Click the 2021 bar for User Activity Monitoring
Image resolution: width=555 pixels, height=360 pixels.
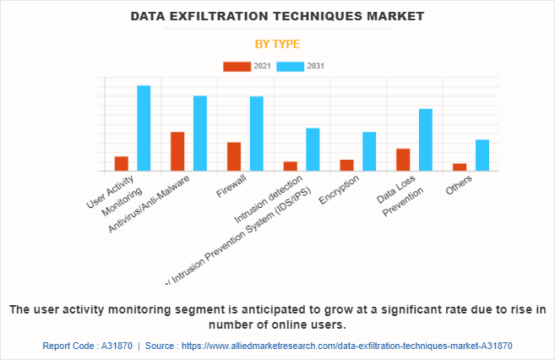pyautogui.click(x=122, y=164)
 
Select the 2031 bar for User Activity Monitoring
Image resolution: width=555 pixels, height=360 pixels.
pyautogui.click(x=144, y=128)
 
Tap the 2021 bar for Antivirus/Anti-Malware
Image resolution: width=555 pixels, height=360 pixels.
pyautogui.click(x=177, y=151)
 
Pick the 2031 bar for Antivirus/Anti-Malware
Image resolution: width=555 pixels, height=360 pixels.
pyautogui.click(x=200, y=134)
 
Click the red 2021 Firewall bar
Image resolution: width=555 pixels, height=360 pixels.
pyautogui.click(x=234, y=156)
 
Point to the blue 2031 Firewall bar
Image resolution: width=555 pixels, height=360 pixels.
pyautogui.click(x=257, y=134)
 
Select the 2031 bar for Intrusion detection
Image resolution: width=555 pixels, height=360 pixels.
pyautogui.click(x=313, y=150)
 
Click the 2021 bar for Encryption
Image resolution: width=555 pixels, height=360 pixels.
pyautogui.click(x=346, y=165)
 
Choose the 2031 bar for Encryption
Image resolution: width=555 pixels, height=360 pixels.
pyautogui.click(x=369, y=151)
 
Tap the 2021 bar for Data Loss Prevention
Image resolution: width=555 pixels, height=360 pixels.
pyautogui.click(x=403, y=160)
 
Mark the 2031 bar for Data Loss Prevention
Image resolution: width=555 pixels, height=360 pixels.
pyautogui.click(x=426, y=139)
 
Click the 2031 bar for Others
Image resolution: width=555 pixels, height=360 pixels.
pyautogui.click(x=482, y=155)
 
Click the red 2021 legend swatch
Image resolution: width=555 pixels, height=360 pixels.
pyautogui.click(x=237, y=66)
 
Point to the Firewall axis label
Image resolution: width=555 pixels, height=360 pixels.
pyautogui.click(x=231, y=186)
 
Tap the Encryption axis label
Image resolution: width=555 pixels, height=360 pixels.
pyautogui.click(x=340, y=190)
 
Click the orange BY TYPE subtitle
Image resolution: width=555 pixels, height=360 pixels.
pyautogui.click(x=277, y=44)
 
